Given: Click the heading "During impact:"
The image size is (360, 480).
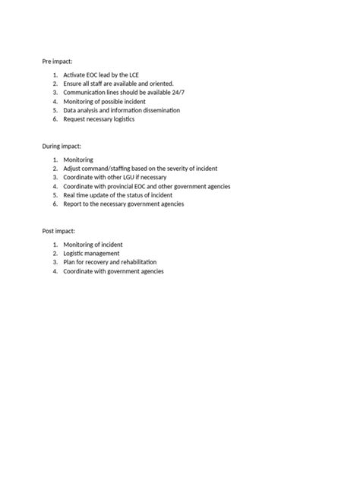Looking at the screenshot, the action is [62, 144].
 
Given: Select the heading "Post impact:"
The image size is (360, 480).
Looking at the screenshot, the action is [58, 229].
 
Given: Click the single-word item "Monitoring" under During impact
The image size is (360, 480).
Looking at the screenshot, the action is [78, 159].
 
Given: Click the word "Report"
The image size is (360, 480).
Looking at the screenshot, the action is [74, 204].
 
